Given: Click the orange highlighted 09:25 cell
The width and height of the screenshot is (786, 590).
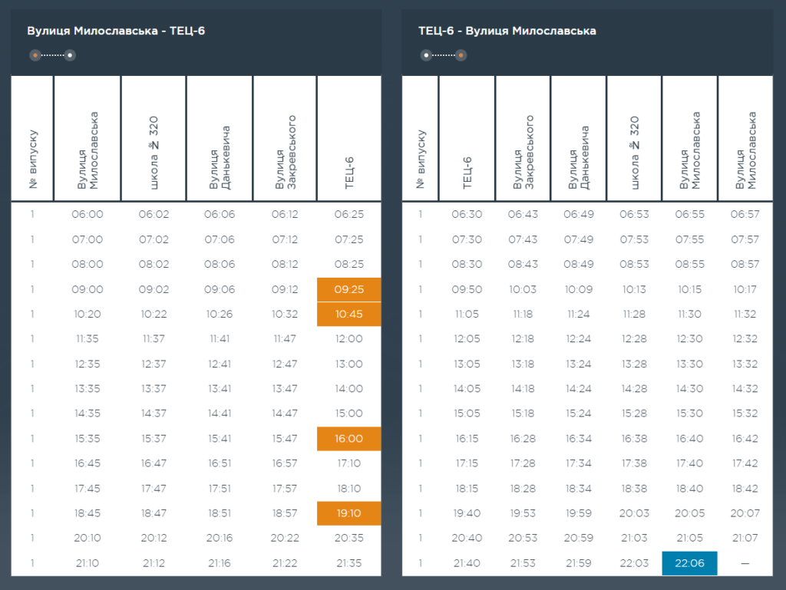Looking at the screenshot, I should click(349, 289).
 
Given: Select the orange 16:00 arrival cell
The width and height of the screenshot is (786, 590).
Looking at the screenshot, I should click(349, 438).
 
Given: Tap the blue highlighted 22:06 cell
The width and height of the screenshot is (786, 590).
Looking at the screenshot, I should click(689, 563).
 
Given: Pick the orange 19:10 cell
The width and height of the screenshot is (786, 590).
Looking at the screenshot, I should click(349, 513).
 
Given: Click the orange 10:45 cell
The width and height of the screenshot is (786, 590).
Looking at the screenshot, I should click(349, 314).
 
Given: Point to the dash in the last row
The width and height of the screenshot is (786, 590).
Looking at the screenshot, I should click(745, 563).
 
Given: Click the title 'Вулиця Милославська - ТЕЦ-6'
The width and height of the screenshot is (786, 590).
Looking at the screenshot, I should click(116, 31).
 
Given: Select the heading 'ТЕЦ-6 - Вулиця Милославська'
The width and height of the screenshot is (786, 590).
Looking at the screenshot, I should click(507, 31).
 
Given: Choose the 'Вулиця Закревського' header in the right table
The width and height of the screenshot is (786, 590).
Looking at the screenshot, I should click(523, 152).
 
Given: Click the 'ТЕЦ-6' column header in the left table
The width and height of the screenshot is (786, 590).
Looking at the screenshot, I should click(349, 173).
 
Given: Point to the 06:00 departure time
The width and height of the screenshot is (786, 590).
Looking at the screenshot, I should click(88, 214).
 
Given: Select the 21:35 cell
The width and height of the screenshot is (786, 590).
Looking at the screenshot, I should click(349, 563).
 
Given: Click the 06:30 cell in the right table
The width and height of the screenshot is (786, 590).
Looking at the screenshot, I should click(467, 214).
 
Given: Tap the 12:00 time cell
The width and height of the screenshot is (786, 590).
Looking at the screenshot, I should click(349, 338).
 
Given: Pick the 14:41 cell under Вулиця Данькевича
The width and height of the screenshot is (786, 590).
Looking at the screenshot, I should click(220, 414).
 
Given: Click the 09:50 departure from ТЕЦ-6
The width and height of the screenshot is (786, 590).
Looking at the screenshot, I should click(467, 289).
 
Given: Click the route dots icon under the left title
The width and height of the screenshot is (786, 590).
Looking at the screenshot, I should click(52, 55).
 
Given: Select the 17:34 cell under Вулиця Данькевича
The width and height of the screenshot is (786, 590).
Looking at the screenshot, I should click(578, 463).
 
